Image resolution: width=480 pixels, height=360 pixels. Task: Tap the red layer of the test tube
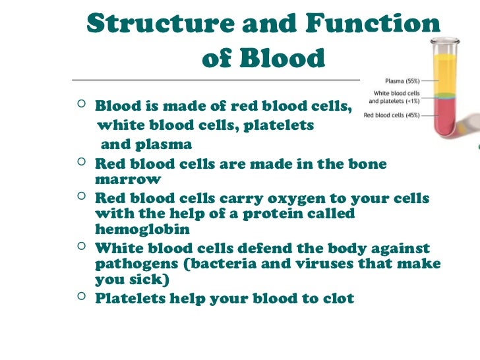446,119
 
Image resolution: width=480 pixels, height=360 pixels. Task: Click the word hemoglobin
142,230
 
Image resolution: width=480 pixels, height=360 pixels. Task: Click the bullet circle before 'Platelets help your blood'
80,297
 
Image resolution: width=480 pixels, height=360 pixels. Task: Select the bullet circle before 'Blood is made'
80,105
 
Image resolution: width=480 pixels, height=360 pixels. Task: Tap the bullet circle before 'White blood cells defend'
80,247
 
